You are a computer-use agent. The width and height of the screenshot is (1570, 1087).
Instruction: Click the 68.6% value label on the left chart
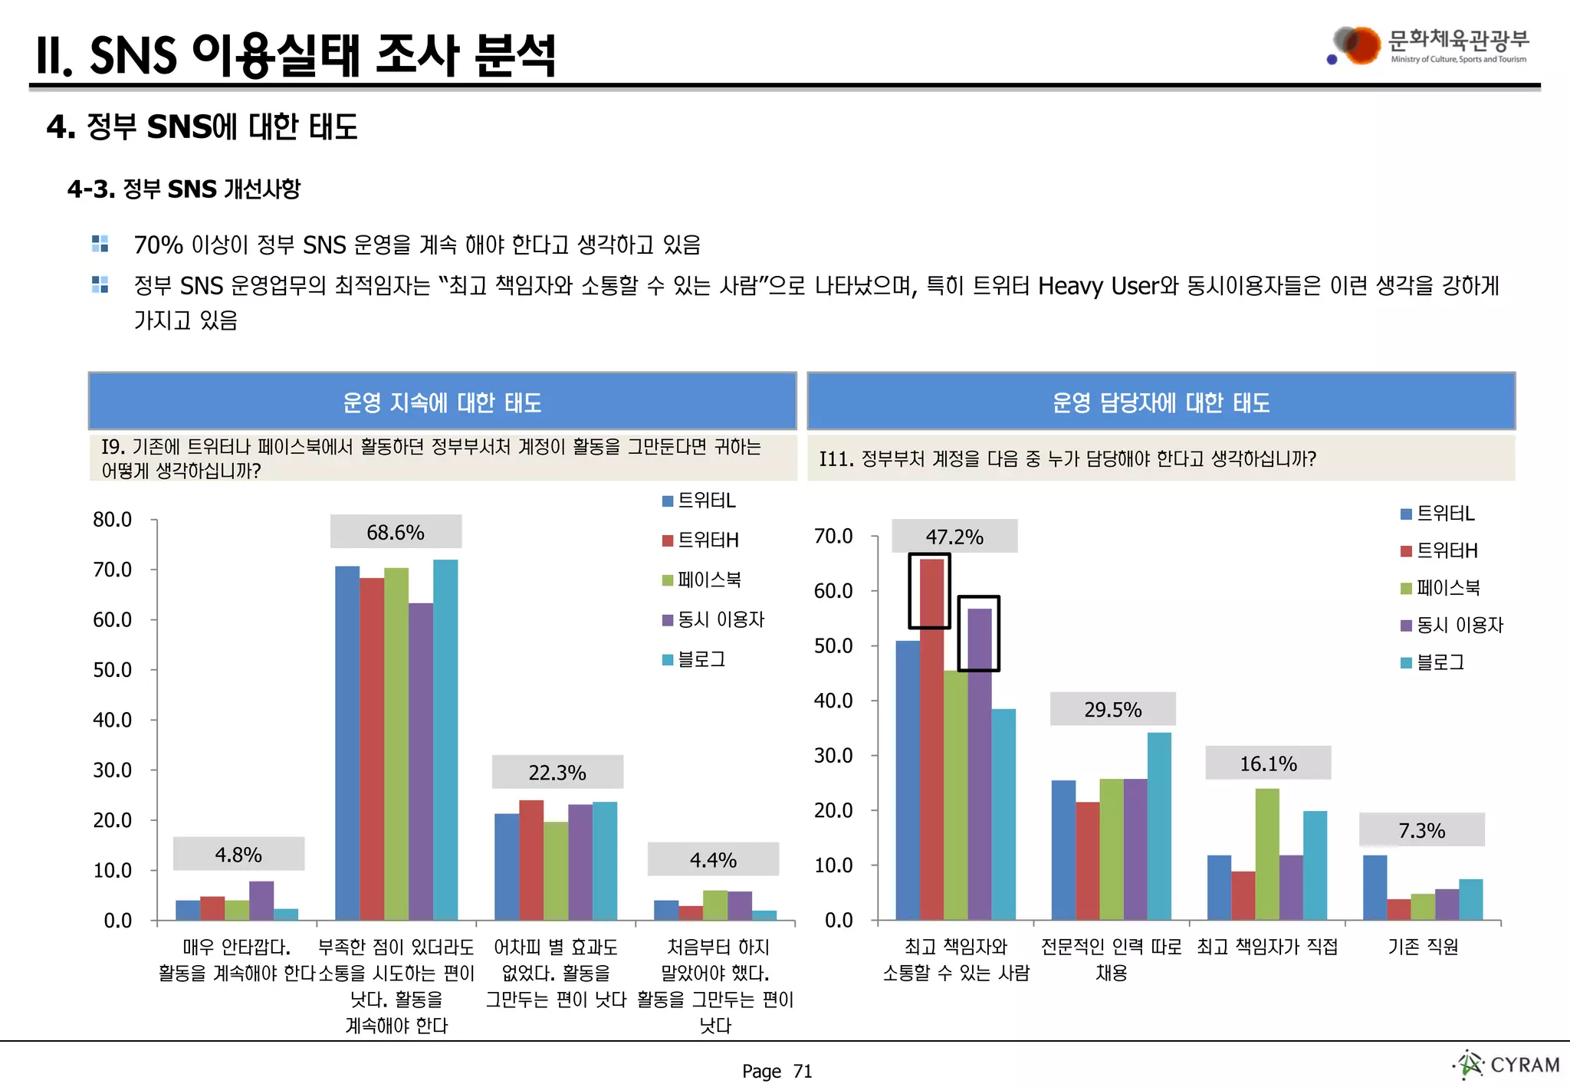tap(396, 532)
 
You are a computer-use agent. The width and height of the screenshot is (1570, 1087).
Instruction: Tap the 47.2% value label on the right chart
tap(954, 537)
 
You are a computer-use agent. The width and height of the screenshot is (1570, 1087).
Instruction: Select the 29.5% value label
tap(1112, 709)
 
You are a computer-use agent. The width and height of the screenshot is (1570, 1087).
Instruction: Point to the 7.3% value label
tap(1421, 830)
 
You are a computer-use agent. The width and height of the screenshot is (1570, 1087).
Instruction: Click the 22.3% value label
tap(557, 773)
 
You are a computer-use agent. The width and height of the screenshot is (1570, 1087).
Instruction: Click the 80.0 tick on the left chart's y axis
tap(112, 520)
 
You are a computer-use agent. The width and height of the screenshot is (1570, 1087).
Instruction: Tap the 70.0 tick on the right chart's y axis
tap(833, 536)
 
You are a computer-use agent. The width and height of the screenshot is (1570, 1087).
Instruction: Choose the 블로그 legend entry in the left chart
tap(694, 659)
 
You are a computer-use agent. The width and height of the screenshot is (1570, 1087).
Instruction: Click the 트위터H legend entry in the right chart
tap(1439, 550)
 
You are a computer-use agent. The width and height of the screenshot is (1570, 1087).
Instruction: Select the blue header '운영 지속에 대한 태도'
tap(442, 402)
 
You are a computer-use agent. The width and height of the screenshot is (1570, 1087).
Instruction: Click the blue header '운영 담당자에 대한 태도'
tap(1161, 402)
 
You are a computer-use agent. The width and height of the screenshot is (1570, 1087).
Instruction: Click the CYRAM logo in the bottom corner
tap(1507, 1065)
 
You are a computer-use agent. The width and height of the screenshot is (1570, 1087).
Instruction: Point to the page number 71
tap(803, 1071)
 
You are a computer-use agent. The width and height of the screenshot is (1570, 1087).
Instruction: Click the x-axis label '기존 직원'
tap(1423, 947)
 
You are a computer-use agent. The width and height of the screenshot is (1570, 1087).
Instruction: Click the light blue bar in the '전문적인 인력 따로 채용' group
tap(1159, 826)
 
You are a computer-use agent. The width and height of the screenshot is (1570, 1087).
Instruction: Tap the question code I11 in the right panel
tap(836, 459)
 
